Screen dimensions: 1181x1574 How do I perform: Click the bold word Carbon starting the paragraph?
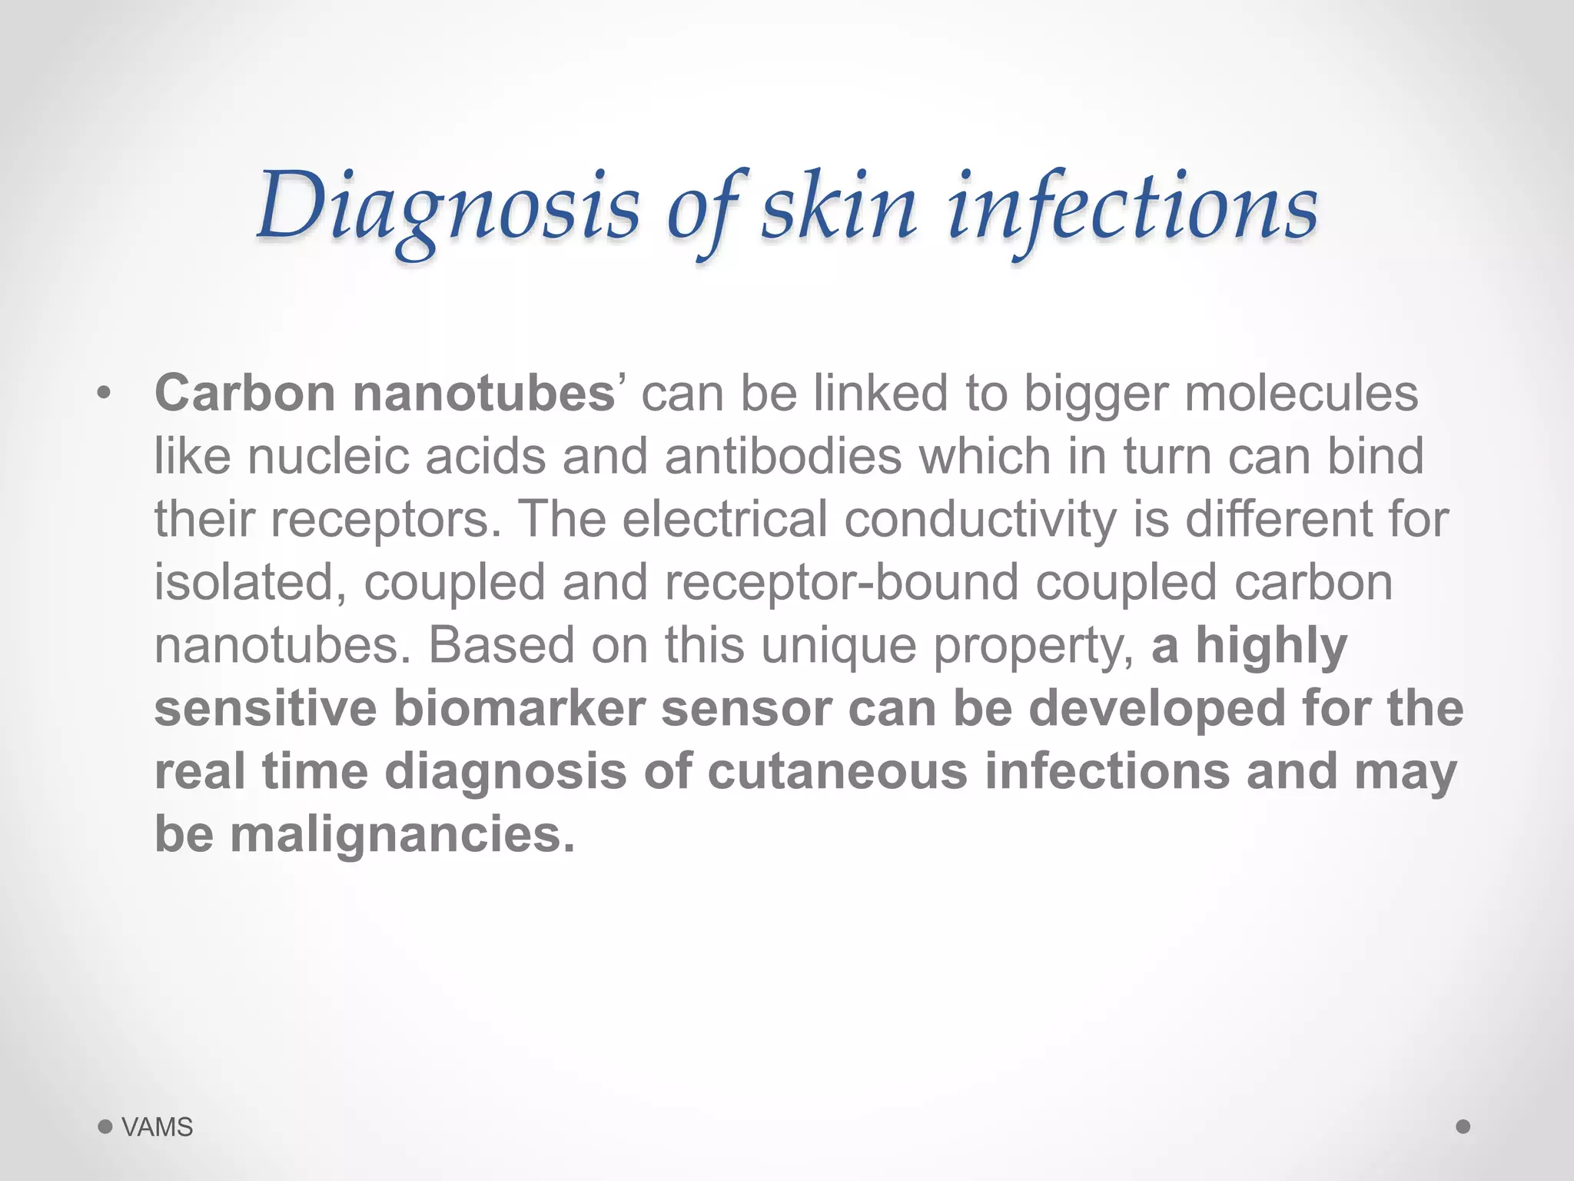245,393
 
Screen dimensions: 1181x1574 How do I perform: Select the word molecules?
1301,393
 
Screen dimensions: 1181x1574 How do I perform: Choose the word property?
1034,645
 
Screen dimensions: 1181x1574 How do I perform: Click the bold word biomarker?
519,708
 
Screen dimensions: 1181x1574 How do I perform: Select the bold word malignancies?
402,834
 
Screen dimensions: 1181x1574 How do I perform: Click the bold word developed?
1157,708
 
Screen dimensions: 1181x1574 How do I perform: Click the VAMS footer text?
158,1127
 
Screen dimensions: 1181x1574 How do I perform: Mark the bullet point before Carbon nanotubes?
105,394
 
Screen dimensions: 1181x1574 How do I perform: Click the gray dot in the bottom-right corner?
1463,1126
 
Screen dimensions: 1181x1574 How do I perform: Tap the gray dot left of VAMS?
105,1127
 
